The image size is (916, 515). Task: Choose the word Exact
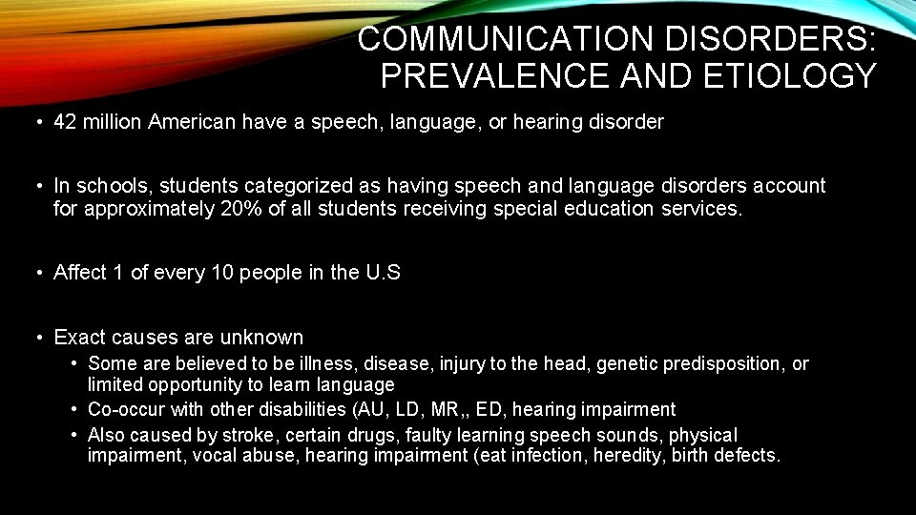(x=80, y=338)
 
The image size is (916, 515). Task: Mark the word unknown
(x=261, y=338)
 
